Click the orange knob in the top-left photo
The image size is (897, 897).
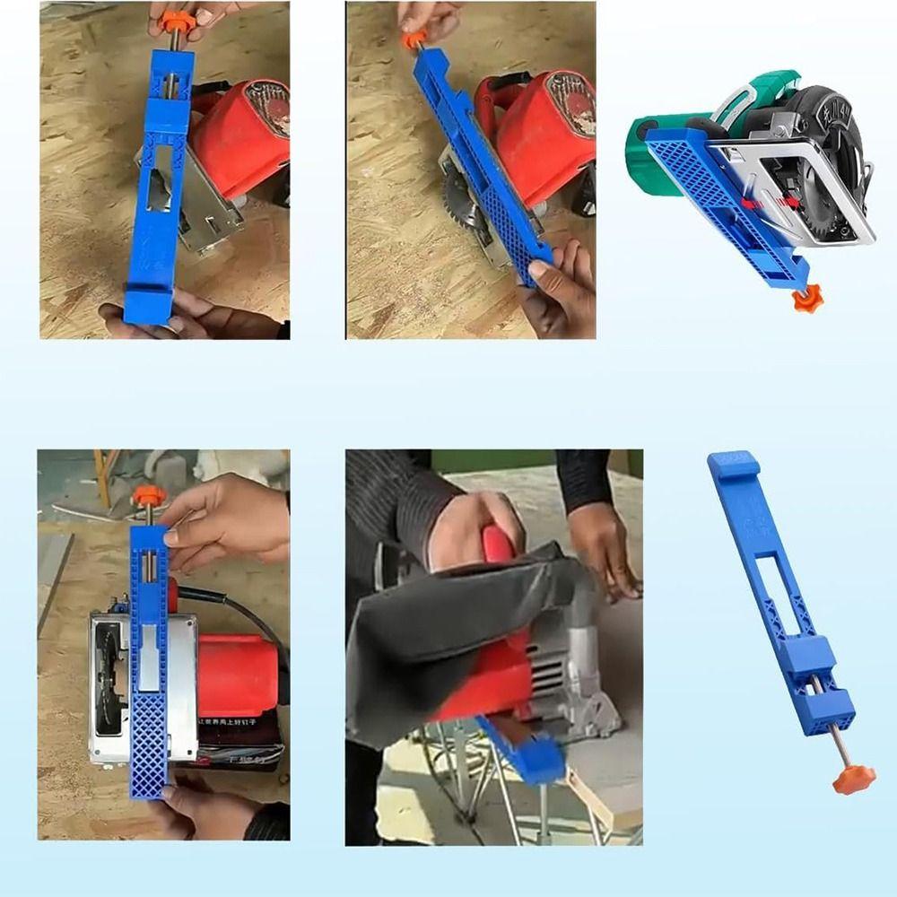[x=172, y=17]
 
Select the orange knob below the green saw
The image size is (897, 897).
[x=807, y=296]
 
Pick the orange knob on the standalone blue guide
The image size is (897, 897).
[x=848, y=779]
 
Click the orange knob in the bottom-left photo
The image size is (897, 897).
[x=148, y=496]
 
